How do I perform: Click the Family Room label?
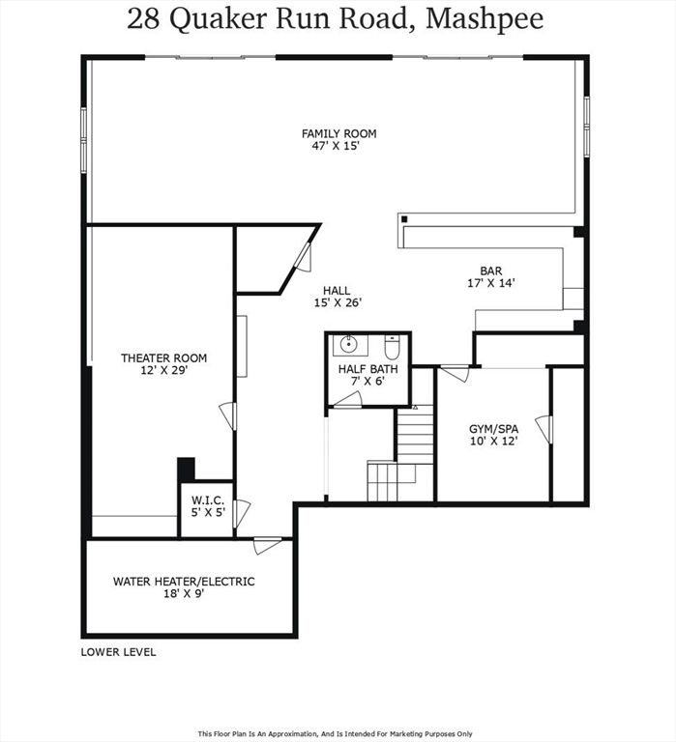338,133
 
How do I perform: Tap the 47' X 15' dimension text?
338,147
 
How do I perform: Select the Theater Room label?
163,357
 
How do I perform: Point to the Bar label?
491,271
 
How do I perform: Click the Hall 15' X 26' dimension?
337,303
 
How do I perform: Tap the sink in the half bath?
345,346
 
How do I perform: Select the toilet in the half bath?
392,346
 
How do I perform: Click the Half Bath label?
367,369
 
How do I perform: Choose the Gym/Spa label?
493,428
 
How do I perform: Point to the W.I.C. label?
207,499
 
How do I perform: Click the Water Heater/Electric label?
184,582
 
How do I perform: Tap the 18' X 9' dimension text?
184,594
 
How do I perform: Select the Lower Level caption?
118,652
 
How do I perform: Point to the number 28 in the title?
144,18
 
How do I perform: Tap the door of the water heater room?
268,545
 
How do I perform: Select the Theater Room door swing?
228,415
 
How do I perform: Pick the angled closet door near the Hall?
303,256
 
